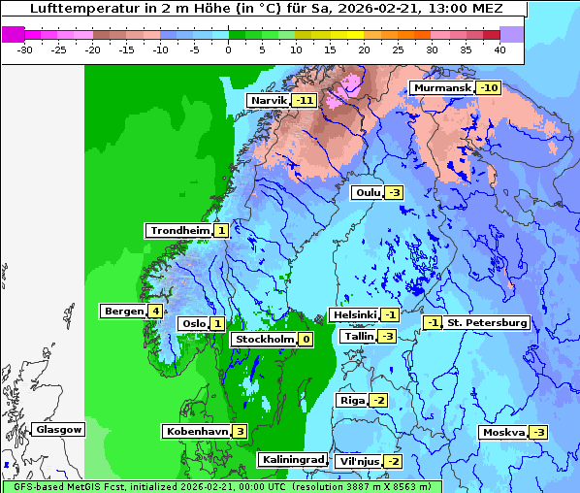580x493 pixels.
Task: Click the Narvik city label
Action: coord(269,100)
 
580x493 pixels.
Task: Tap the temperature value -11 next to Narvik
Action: coord(306,100)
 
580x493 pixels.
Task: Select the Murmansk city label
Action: coord(441,87)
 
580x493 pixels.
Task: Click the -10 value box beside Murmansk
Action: coord(489,87)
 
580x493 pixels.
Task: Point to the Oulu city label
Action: coord(367,192)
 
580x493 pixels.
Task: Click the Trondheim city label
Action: coord(178,230)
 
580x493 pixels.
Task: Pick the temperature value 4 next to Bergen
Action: coord(155,312)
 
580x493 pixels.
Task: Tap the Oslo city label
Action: coord(192,324)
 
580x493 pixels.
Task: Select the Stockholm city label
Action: coord(262,339)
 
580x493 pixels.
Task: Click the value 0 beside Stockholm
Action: coord(306,339)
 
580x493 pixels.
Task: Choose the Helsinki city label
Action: coord(354,314)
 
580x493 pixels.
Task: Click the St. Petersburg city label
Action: coord(486,322)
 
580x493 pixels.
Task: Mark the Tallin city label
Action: coord(358,336)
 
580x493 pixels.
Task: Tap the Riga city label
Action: coord(352,400)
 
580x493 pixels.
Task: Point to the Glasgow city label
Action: coord(58,429)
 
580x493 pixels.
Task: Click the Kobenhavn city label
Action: coord(196,431)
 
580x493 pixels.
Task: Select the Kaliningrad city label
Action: coord(292,459)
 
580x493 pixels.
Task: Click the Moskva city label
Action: coord(503,432)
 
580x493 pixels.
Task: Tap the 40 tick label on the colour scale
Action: coord(499,49)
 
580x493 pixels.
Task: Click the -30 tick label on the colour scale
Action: coord(25,49)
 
